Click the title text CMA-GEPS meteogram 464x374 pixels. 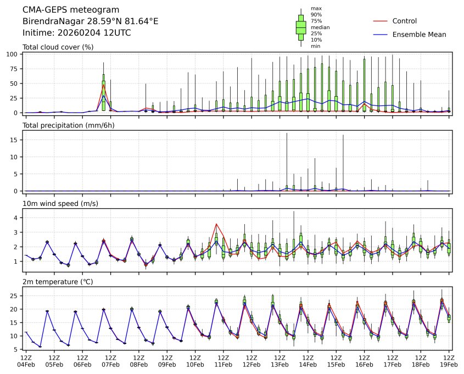coord(63,10)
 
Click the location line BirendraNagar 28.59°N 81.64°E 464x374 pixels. coord(91,21)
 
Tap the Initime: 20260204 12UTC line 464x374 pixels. coord(76,32)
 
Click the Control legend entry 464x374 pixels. coord(404,21)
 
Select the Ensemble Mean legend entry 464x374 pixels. coord(419,34)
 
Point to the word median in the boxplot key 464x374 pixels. coord(316,27)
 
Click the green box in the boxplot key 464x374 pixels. coord(301,27)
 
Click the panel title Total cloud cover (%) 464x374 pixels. coord(58,47)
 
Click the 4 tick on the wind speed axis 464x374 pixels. coord(18,218)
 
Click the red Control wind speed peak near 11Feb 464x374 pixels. coord(216,224)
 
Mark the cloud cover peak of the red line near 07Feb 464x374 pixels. coord(103,84)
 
